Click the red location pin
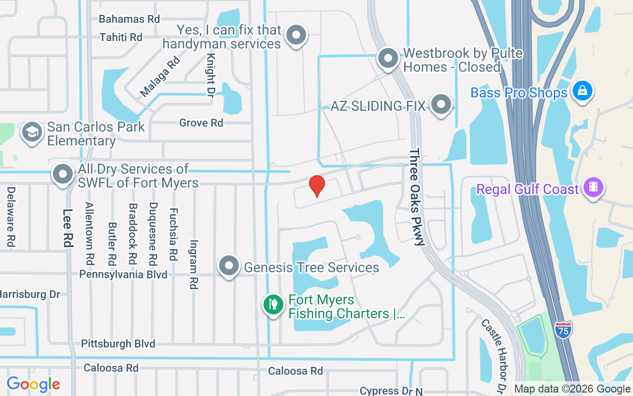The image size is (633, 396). pos(316,186)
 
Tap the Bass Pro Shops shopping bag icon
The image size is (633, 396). pos(583,91)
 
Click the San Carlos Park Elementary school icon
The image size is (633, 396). pos(32,132)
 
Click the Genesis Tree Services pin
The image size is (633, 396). pos(229,266)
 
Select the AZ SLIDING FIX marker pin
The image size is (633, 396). pos(441,104)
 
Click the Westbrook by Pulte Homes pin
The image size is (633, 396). pos(388,58)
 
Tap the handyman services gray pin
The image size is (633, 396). pos(296,35)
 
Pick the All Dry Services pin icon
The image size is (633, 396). pos(63,174)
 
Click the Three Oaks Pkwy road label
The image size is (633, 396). pos(416,197)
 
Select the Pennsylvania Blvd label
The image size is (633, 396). pos(123,274)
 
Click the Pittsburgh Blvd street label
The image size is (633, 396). pos(118,344)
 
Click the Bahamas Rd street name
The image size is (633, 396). pos(129,19)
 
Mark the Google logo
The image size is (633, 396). pos(33,384)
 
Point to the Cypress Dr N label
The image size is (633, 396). pos(391,391)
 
